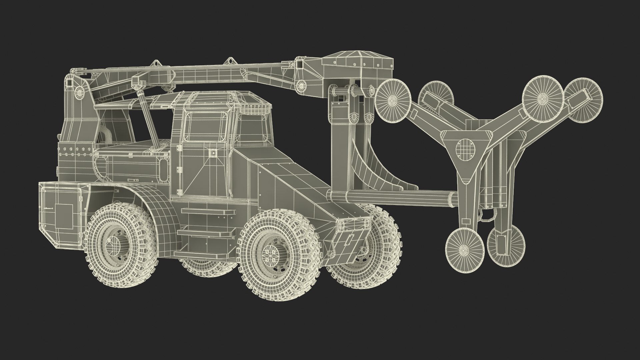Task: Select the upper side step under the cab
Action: coord(207,212)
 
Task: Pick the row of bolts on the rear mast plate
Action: coord(75,150)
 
